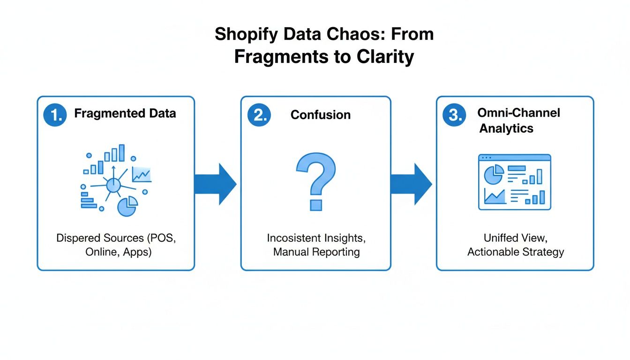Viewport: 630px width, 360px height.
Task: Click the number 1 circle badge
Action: [x=55, y=115]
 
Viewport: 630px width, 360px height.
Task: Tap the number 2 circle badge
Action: [x=259, y=115]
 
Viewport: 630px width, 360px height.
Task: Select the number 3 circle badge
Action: [x=454, y=115]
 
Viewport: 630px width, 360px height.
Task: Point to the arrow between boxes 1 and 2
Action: [x=216, y=184]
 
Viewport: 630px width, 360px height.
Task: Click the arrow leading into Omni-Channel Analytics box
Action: [x=411, y=184]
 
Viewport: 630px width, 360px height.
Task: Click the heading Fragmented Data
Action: [x=125, y=113]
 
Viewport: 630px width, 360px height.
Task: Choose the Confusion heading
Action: [x=321, y=115]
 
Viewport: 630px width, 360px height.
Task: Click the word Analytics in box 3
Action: [x=506, y=128]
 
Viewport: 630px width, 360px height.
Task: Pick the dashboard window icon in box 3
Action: [x=514, y=182]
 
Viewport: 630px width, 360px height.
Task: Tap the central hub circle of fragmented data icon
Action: [x=113, y=185]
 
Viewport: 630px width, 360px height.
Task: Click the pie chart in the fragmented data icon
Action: [x=127, y=207]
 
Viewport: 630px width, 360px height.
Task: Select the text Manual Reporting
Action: [x=316, y=252]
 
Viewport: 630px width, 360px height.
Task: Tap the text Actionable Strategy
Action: [x=516, y=252]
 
